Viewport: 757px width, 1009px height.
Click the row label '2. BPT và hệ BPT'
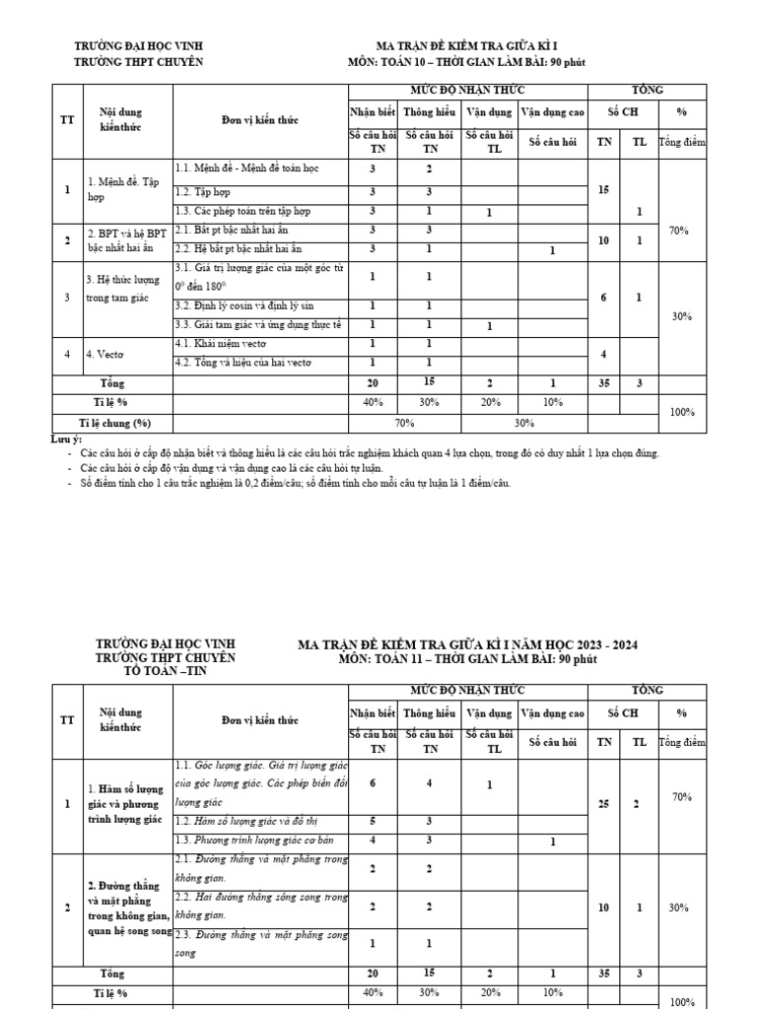coord(127,234)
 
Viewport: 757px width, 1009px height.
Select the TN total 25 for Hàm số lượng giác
coord(602,805)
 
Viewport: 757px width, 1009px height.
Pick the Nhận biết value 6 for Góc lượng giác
coord(372,783)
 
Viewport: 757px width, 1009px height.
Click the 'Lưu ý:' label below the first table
coord(66,438)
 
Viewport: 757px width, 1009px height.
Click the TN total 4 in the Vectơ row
coord(602,354)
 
